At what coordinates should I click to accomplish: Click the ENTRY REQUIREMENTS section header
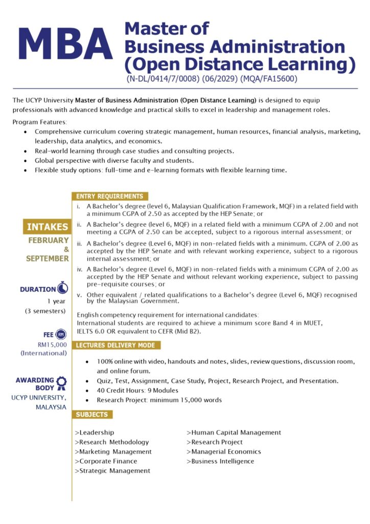point(109,196)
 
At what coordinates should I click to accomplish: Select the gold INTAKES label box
point(47,227)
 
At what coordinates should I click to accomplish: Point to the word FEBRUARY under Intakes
point(49,240)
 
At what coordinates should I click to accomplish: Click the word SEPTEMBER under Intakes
point(48,258)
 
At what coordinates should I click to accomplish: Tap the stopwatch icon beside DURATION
point(62,288)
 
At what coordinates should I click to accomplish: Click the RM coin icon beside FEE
point(61,334)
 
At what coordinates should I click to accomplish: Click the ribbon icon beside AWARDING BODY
point(61,382)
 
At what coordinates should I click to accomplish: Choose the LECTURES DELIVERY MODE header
point(115,345)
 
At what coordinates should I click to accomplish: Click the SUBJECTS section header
point(92,414)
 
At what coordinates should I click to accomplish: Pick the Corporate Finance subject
point(106,461)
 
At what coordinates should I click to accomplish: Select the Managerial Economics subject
point(224,452)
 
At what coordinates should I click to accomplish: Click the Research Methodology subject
point(112,442)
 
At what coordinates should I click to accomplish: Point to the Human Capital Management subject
point(234,432)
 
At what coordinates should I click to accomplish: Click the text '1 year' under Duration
point(56,301)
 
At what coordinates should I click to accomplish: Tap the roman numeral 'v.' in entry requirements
point(79,295)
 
